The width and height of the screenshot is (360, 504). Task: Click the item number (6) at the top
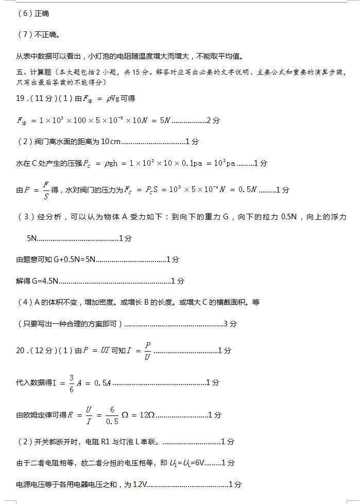(x=25, y=13)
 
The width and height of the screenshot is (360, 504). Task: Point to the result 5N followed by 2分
(x=165, y=120)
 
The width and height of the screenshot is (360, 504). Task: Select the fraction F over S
(x=45, y=189)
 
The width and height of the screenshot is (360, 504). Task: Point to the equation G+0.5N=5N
(x=75, y=259)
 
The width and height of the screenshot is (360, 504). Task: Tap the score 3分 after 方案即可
(x=230, y=324)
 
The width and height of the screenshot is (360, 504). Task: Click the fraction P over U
(x=147, y=351)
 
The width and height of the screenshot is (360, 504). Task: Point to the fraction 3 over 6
(x=71, y=383)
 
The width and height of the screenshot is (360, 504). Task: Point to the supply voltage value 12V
(x=140, y=484)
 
